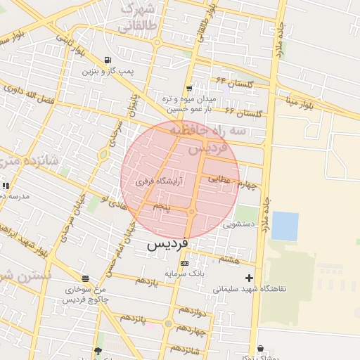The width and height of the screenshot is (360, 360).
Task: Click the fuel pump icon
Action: [x=106, y=60]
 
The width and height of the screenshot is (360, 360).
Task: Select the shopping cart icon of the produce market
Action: [x=188, y=89]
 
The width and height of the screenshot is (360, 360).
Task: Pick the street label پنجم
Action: [x=162, y=207]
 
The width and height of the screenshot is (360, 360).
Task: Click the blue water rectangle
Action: [x=285, y=226]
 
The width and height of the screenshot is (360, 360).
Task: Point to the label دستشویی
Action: [x=240, y=226]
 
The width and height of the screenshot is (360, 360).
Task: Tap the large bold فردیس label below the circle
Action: [x=169, y=244]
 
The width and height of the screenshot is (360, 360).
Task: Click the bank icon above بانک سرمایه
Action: [x=185, y=263]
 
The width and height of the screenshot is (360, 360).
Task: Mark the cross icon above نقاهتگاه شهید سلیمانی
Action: [x=248, y=278]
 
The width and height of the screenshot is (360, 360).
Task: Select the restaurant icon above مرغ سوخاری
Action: [x=85, y=279]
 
